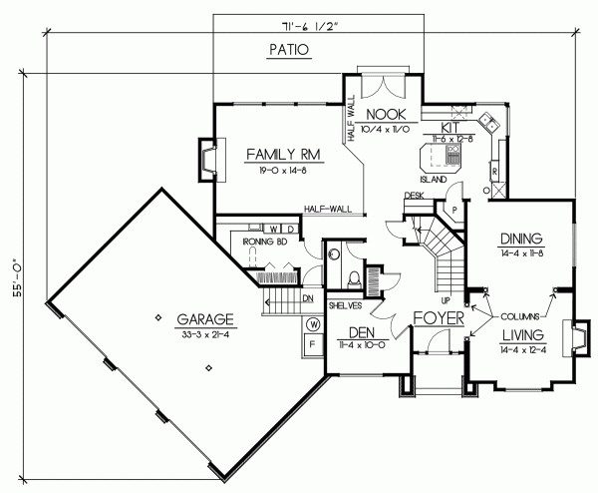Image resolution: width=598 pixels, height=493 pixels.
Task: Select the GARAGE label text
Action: (205, 319)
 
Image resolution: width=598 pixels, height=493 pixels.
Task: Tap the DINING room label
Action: (520, 239)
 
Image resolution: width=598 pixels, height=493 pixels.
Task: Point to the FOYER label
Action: (438, 321)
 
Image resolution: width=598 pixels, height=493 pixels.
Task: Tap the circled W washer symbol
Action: (314, 323)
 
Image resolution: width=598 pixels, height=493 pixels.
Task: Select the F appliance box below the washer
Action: (312, 345)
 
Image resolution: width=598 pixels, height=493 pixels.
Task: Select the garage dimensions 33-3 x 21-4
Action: (205, 333)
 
